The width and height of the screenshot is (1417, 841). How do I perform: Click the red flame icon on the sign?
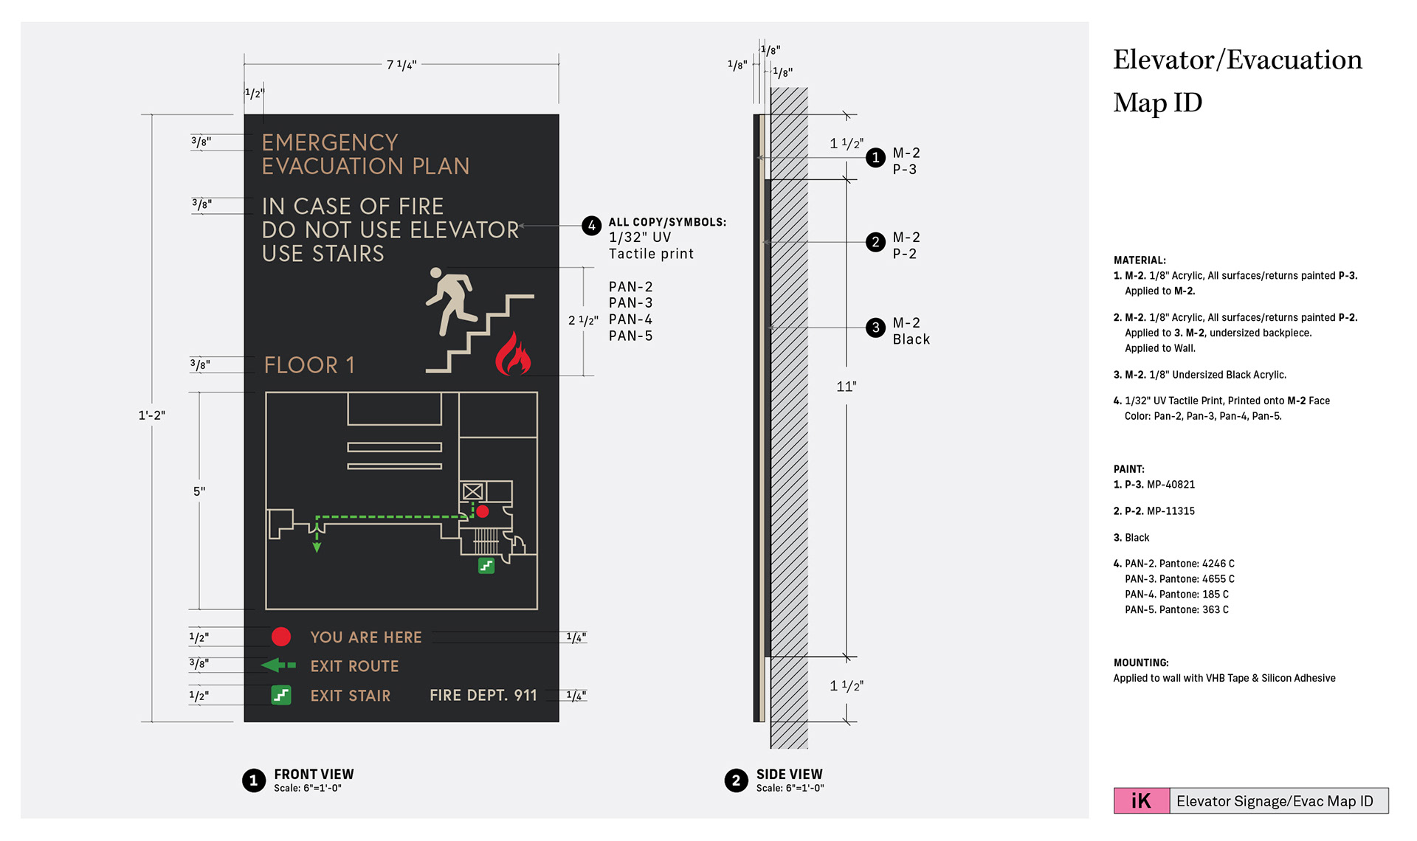pos(513,355)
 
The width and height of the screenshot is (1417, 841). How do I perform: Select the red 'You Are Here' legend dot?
pos(281,637)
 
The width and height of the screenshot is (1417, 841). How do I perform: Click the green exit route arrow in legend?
pos(278,665)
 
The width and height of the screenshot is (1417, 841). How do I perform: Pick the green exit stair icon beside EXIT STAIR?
pos(281,695)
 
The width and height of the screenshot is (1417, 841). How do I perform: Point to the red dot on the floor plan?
pos(483,511)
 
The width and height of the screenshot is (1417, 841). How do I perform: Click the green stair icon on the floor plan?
pos(486,566)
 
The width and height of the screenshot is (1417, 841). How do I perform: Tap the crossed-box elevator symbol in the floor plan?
pos(472,491)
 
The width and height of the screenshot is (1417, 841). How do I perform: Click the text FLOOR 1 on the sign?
pos(309,365)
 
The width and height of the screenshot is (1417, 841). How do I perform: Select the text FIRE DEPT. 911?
pos(483,696)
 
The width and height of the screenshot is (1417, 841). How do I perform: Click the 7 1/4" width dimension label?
pos(401,65)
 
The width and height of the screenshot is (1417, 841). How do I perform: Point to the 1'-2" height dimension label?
pos(152,415)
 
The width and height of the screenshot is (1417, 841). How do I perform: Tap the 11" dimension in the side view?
pos(847,387)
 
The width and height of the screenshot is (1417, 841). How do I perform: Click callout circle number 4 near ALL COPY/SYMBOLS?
pos(592,226)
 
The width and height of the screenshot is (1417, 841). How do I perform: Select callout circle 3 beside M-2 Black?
pos(875,328)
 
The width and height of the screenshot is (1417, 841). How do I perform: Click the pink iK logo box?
pos(1141,801)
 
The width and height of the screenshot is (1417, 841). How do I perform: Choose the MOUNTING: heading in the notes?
pos(1141,662)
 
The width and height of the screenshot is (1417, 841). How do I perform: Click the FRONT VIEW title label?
pos(314,774)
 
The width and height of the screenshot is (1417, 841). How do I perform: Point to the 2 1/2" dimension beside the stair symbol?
pos(583,320)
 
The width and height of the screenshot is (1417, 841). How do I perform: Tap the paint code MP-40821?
pos(1171,485)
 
